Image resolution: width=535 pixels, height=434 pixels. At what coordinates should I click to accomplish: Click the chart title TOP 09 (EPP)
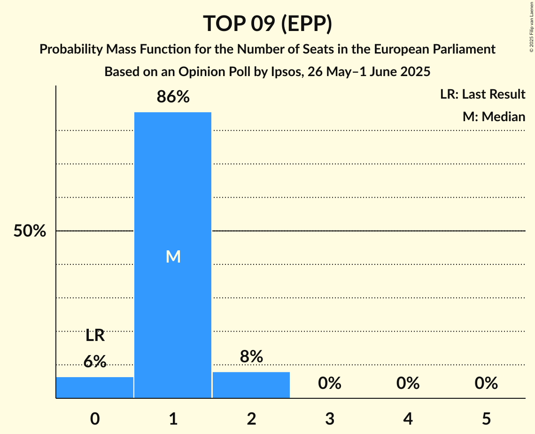pyautogui.click(x=267, y=23)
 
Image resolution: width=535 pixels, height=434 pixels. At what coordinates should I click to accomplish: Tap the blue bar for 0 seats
pyautogui.click(x=95, y=387)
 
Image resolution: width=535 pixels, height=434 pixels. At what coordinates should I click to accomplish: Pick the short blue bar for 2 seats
pyautogui.click(x=251, y=385)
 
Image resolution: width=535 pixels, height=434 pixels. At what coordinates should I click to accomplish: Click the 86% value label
pyautogui.click(x=173, y=97)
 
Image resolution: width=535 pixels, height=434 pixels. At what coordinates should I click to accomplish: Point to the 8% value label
pyautogui.click(x=251, y=357)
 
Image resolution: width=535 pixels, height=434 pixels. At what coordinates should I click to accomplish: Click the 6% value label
pyautogui.click(x=95, y=361)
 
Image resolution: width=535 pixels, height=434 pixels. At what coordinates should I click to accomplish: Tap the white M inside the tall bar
pyautogui.click(x=173, y=256)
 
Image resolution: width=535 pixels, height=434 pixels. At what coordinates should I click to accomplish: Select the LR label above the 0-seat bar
pyautogui.click(x=95, y=336)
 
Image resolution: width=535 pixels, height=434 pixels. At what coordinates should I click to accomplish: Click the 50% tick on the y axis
pyautogui.click(x=30, y=231)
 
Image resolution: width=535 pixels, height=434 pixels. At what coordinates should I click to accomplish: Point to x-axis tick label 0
pyautogui.click(x=95, y=418)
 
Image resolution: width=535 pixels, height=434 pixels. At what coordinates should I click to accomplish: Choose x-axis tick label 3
pyautogui.click(x=330, y=418)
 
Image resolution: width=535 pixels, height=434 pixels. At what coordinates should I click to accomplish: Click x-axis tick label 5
pyautogui.click(x=486, y=418)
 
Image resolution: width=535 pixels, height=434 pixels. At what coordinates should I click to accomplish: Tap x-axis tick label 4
pyautogui.click(x=408, y=418)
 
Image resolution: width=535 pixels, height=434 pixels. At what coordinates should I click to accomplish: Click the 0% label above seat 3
pyautogui.click(x=330, y=384)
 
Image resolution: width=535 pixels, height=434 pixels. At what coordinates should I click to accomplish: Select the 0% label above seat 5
pyautogui.click(x=486, y=384)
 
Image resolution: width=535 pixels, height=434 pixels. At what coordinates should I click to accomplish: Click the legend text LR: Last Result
pyautogui.click(x=482, y=94)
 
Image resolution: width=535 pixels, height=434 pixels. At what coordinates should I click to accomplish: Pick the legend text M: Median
pyautogui.click(x=494, y=116)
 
